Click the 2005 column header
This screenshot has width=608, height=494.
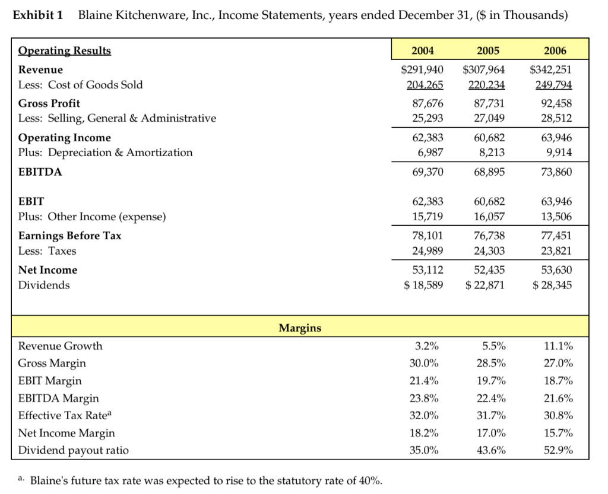[490, 50]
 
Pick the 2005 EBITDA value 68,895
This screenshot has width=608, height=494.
[489, 172]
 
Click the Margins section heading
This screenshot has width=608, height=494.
[300, 328]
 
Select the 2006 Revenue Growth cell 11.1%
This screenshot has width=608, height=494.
[558, 346]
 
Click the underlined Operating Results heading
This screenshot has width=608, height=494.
[65, 50]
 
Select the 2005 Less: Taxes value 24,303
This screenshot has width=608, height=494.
[489, 251]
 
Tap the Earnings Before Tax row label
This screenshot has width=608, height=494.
[69, 235]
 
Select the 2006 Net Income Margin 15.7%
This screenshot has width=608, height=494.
[558, 433]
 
